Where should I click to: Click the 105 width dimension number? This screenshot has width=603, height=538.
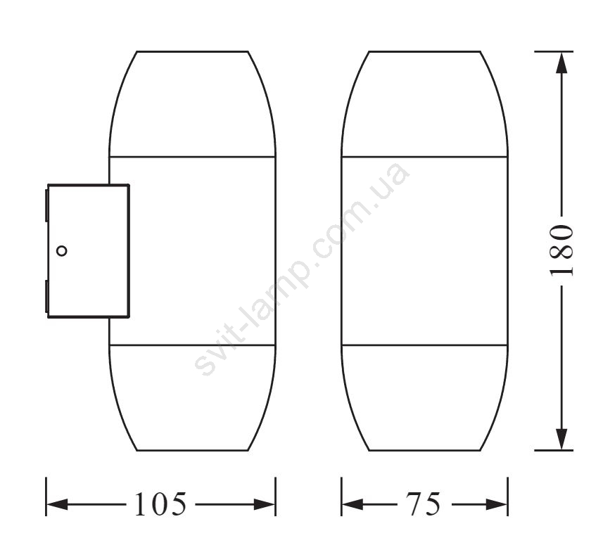160,504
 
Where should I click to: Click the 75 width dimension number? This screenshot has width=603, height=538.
424,504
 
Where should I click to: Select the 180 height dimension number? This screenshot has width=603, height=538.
561,251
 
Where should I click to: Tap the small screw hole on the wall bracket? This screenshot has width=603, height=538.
61,251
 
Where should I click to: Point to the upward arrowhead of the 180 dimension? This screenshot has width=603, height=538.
562,63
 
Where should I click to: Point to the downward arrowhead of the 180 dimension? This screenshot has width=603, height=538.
562,439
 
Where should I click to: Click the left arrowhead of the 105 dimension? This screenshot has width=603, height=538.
57,504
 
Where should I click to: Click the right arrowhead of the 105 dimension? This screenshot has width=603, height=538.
264,504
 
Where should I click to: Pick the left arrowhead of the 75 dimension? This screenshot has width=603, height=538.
353,504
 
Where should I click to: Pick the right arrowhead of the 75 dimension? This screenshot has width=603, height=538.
497,504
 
